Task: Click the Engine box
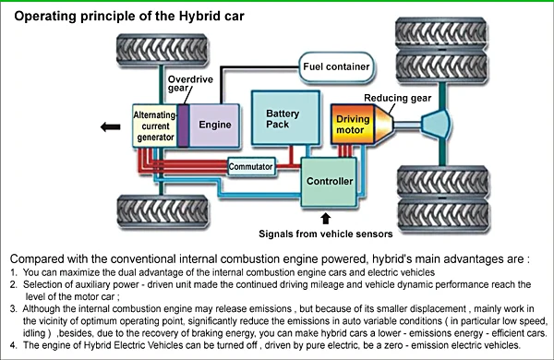tap(214, 126)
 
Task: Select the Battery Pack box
tap(285, 118)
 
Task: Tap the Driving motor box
tap(353, 125)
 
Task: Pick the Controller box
tap(329, 182)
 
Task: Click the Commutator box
tap(251, 166)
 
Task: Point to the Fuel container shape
tap(336, 66)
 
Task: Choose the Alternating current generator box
tap(155, 126)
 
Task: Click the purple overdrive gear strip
tap(183, 126)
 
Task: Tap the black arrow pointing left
tap(110, 126)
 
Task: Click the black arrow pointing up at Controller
tap(325, 219)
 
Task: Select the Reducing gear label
tap(397, 98)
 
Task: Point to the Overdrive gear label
tap(190, 83)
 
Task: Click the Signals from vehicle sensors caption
tap(325, 234)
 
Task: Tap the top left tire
tap(163, 50)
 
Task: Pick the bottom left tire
tap(163, 211)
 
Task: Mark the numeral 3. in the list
tap(14, 309)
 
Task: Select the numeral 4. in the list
tap(14, 345)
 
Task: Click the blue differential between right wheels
tap(437, 125)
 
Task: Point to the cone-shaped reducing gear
tap(383, 125)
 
